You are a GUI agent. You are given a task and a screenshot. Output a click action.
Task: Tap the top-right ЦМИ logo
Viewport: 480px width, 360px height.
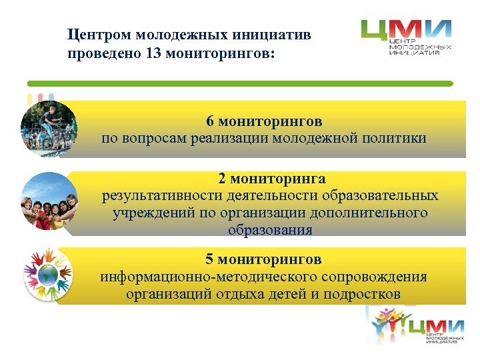pos(407,38)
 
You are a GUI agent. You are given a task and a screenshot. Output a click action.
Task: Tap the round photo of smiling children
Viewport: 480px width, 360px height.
pos(49,201)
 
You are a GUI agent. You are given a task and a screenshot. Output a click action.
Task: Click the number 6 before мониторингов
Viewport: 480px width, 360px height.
pos(210,121)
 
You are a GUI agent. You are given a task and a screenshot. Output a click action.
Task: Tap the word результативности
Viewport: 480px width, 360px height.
pos(153,196)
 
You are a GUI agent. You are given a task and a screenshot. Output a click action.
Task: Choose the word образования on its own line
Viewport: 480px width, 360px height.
pos(270,230)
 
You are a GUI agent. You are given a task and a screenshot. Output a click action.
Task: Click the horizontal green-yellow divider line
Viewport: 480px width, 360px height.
pos(240,83)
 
